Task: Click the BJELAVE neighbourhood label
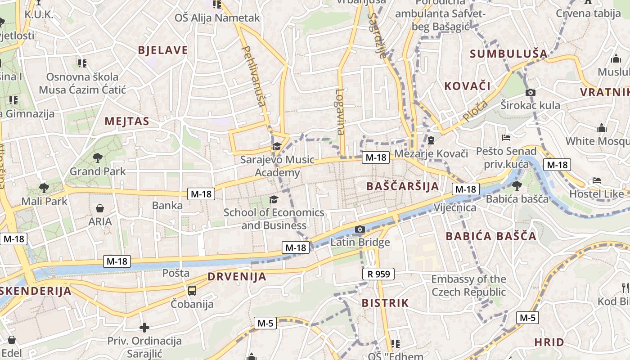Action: tap(163, 50)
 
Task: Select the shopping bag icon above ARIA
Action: tap(100, 208)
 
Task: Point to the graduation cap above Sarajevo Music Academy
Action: tap(277, 147)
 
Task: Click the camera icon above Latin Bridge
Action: tap(360, 229)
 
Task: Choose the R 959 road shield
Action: tap(378, 274)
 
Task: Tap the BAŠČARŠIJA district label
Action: tap(402, 186)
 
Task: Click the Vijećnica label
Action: tap(455, 207)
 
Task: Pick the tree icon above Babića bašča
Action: tap(517, 185)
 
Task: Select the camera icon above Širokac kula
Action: tap(531, 92)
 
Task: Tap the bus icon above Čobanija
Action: tap(192, 291)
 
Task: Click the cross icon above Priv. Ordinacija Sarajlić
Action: tap(144, 327)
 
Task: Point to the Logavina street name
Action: tap(340, 112)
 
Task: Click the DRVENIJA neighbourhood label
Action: tap(237, 277)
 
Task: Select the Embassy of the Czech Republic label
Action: tap(468, 286)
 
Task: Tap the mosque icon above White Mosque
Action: tap(602, 128)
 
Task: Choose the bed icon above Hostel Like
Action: tap(597, 180)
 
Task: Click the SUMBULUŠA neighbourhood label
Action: tap(509, 54)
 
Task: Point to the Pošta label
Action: tap(176, 273)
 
